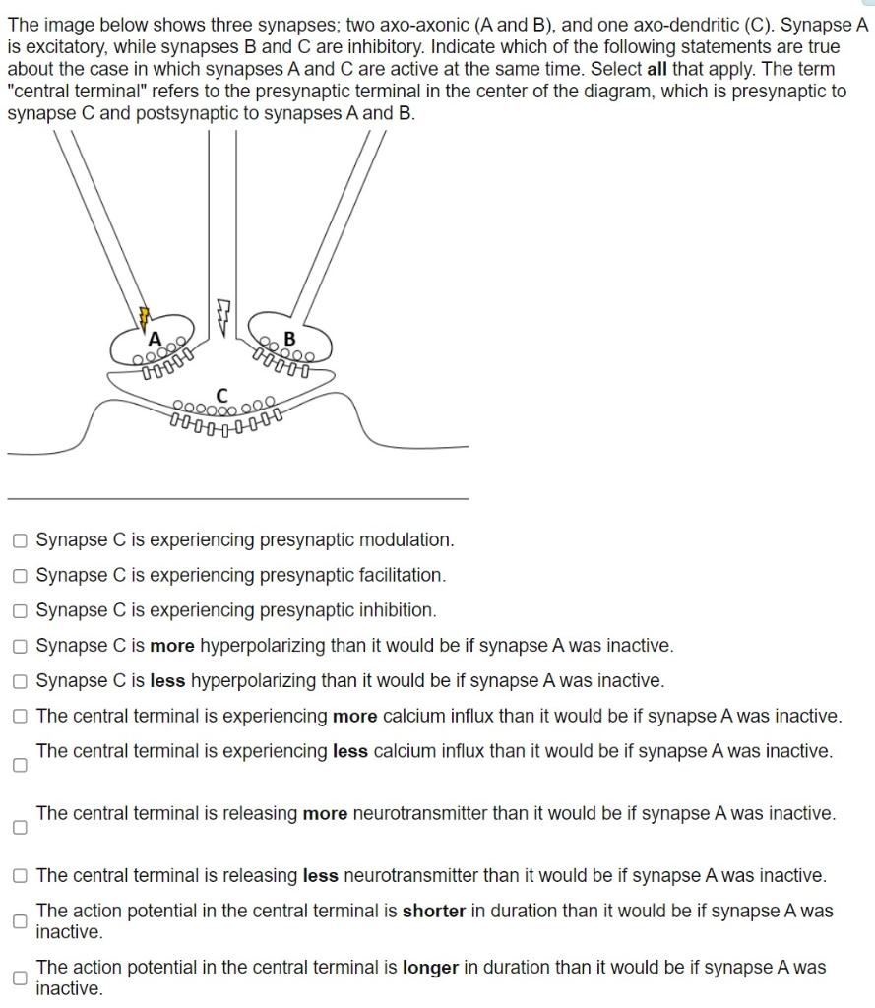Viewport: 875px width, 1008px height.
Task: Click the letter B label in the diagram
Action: (288, 340)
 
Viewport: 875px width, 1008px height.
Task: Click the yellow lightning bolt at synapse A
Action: (145, 315)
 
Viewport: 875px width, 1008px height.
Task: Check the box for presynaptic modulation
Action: (21, 540)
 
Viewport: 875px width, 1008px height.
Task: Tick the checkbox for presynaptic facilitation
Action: (21, 575)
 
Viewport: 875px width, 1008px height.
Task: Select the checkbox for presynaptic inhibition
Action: (21, 610)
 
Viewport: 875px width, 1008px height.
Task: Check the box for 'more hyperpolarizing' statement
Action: (21, 646)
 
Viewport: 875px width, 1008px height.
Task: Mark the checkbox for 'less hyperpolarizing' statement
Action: (21, 681)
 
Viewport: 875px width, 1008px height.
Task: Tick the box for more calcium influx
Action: (21, 717)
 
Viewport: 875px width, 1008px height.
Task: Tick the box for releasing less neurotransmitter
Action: (21, 876)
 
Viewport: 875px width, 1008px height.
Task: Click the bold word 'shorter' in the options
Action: (433, 912)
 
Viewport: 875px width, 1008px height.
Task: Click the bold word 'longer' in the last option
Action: (430, 968)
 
